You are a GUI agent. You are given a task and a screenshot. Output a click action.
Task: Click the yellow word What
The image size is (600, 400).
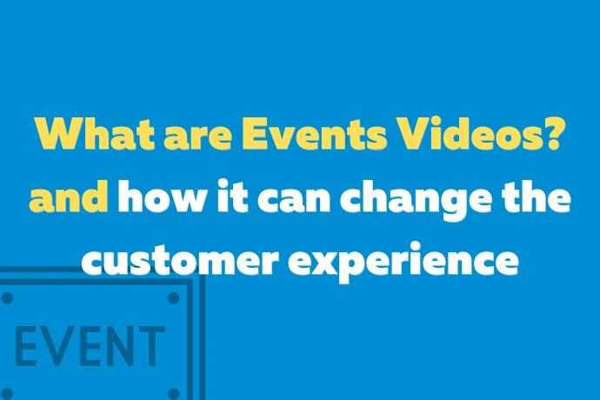click(91, 137)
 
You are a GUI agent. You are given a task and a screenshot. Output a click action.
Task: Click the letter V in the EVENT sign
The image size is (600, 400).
click(58, 346)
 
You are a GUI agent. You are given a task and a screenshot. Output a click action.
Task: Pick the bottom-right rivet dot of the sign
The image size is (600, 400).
click(173, 388)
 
